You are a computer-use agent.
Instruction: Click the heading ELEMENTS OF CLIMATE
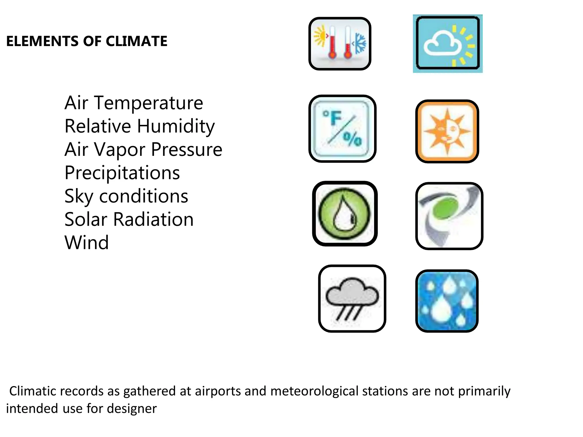[87, 41]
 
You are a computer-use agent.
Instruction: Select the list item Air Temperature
[134, 103]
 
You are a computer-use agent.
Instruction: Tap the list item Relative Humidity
[139, 126]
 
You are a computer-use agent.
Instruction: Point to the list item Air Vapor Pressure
[143, 149]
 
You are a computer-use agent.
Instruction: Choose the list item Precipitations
[122, 173]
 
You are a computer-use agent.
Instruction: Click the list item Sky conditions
[126, 196]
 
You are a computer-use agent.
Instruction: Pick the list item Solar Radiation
[129, 219]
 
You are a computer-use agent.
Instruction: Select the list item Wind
[87, 243]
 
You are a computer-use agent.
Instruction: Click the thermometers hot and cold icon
[340, 44]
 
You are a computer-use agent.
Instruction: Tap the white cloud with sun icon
[447, 44]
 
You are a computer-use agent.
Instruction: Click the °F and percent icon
[342, 129]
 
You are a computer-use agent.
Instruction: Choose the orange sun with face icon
[447, 131]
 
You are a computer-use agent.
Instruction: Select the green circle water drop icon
[344, 213]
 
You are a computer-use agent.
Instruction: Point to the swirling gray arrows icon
[449, 216]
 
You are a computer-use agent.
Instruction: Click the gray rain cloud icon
[352, 298]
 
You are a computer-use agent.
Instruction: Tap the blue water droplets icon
[447, 301]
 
